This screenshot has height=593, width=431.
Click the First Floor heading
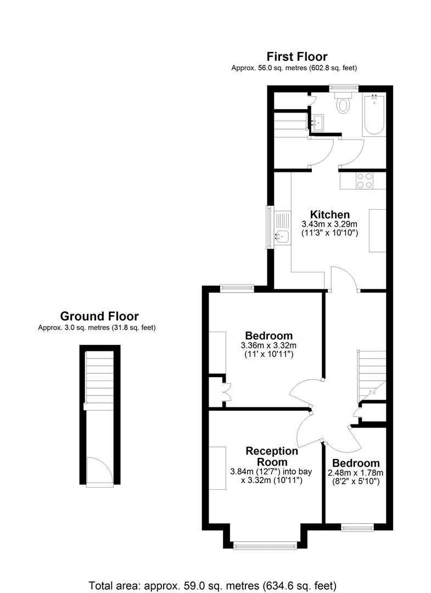click(x=296, y=56)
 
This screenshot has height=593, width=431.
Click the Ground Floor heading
click(x=99, y=316)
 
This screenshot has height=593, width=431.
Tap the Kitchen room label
click(x=329, y=214)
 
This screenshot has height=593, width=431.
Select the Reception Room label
click(x=272, y=456)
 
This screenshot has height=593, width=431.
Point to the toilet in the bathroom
click(x=344, y=104)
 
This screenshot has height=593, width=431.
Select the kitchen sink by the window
click(x=282, y=237)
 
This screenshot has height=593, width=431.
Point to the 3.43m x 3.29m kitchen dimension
click(x=329, y=224)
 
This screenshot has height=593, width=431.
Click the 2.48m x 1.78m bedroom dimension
click(x=356, y=473)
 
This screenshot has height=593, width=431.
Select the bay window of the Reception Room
click(x=265, y=545)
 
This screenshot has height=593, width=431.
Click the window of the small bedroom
click(x=357, y=528)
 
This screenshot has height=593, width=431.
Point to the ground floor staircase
click(x=99, y=379)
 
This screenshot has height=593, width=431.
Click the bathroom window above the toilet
click(x=344, y=87)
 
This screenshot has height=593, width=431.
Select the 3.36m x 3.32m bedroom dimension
click(x=268, y=345)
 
